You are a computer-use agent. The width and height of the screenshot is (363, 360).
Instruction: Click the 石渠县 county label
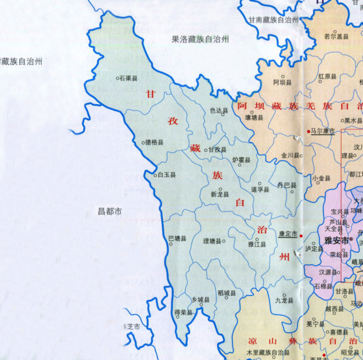coord(129,78)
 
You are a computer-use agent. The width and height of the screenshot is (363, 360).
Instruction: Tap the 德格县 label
coord(155,143)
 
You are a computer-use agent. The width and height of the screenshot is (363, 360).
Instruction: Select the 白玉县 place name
coord(167,175)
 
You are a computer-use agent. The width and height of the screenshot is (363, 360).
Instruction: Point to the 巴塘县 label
coord(177,239)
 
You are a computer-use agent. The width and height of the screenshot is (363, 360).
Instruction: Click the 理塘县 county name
coord(213,241)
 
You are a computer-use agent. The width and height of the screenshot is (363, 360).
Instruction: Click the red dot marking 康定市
coord(301,234)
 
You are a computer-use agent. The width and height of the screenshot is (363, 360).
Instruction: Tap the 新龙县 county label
coord(220,194)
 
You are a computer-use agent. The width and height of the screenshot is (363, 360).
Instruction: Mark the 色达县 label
coord(219,111)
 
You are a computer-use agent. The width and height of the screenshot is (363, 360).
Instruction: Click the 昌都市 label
coord(109,212)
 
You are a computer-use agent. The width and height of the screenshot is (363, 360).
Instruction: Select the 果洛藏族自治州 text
coord(200,39)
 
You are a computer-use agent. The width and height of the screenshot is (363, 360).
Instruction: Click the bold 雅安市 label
coord(335,240)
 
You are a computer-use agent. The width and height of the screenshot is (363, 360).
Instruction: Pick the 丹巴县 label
coord(286,185)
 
